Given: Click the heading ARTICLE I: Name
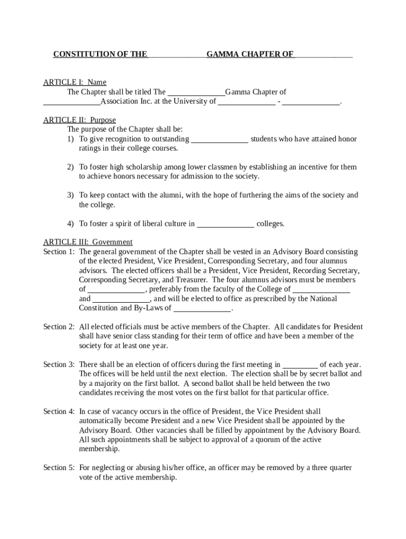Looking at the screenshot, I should [74, 82].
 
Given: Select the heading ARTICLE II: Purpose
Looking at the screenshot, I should [79, 120].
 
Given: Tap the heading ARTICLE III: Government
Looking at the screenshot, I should [88, 242].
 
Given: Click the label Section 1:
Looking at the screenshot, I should [59, 252].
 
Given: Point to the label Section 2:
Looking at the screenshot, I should [59, 327].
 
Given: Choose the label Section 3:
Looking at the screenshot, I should [59, 364].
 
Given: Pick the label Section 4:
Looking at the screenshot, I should [59, 411].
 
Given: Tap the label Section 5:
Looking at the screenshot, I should [59, 467].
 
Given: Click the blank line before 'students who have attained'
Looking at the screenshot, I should [219, 140].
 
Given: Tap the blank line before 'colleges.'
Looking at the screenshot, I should [226, 225].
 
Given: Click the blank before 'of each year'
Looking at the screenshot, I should [300, 365].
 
